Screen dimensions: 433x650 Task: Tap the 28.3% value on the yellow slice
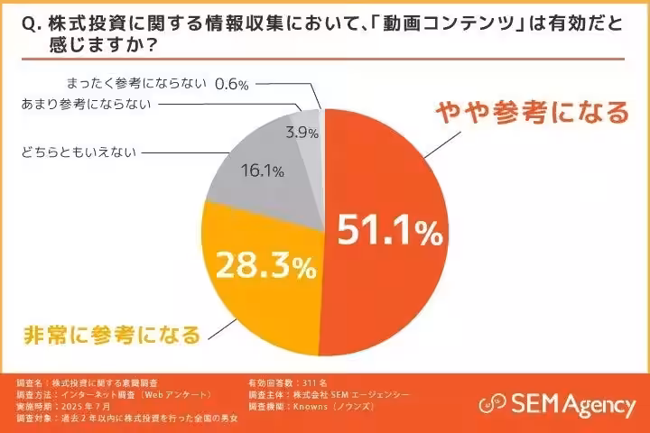click(264, 266)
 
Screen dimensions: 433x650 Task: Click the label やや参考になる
click(532, 113)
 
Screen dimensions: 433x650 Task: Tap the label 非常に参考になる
click(109, 335)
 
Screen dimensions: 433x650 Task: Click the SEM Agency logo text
click(572, 404)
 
